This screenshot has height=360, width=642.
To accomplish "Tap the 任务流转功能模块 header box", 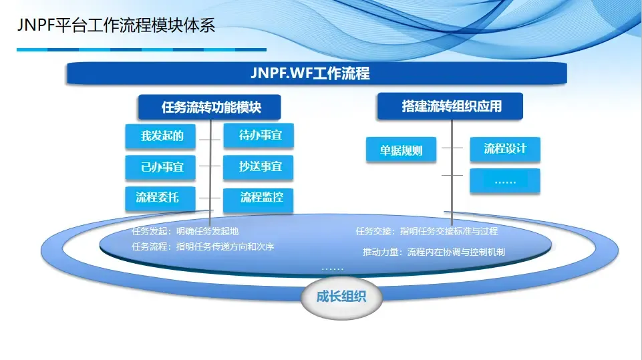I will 210,107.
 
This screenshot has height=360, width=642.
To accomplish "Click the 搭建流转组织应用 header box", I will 451,106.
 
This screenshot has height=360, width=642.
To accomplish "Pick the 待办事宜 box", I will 259,136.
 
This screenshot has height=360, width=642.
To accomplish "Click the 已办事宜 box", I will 160,167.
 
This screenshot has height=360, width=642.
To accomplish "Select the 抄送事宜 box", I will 259,167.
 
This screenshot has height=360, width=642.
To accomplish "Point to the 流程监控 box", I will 259,198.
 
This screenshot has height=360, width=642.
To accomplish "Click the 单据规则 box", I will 402,150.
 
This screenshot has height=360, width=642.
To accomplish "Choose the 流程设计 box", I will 505,149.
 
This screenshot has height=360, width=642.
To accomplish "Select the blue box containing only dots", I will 505,181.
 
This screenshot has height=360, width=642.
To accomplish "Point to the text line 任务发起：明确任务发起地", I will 185,232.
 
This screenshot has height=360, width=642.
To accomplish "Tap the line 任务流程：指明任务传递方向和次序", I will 203,246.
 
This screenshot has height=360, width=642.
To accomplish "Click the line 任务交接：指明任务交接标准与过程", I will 426,232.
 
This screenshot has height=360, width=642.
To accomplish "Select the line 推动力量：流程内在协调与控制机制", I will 434,252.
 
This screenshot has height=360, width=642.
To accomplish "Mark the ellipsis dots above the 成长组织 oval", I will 332,268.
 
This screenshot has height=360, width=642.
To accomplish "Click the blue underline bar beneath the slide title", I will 141,49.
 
